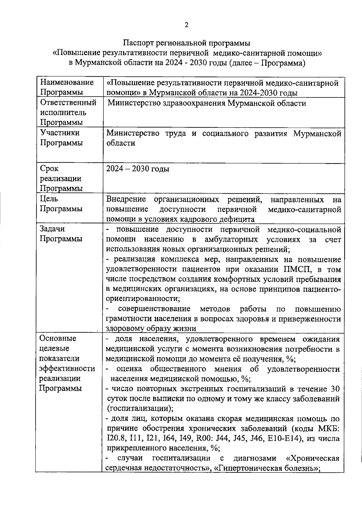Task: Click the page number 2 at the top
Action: pos(186,25)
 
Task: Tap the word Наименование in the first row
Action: pos(67,82)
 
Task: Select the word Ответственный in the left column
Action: pos(68,103)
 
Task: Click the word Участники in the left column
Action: pos(60,133)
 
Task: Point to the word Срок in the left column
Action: pos(49,168)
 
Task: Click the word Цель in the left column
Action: pos(49,199)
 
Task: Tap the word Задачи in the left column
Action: pos(52,229)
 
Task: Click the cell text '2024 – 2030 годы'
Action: pos(138,169)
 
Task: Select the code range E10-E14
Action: pos(284,438)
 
